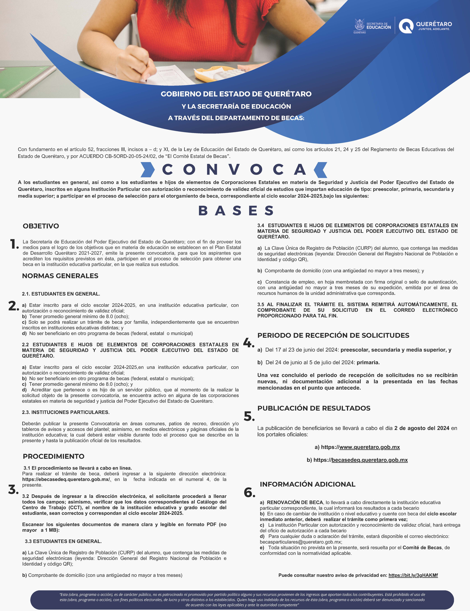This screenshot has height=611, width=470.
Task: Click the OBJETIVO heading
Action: (x=41, y=226)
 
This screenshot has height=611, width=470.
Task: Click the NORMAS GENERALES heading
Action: (x=60, y=276)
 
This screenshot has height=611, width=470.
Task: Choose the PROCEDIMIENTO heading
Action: (x=53, y=456)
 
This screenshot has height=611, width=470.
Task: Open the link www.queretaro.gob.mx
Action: (x=369, y=447)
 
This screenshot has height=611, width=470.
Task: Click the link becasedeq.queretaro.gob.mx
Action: (x=369, y=460)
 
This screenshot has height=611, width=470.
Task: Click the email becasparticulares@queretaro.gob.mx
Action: (x=300, y=542)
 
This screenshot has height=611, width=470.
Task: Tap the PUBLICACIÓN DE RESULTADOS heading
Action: (x=314, y=408)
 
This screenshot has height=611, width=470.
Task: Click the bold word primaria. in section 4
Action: (x=368, y=363)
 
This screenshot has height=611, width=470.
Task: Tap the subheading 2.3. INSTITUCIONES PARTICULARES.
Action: (x=66, y=412)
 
